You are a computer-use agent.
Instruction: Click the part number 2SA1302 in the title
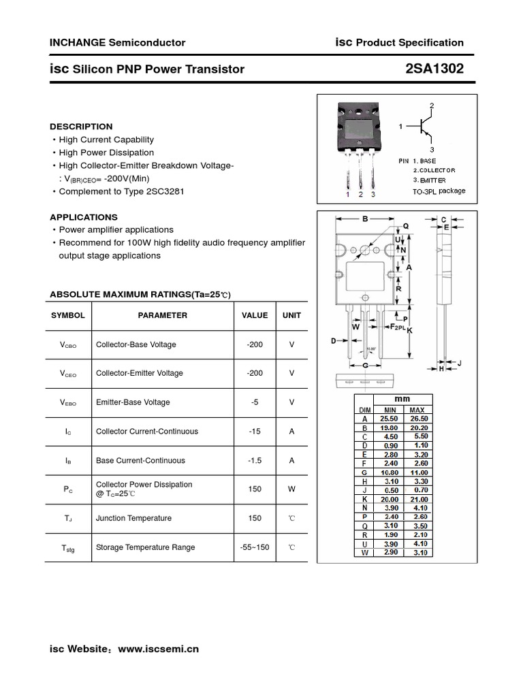pyautogui.click(x=434, y=69)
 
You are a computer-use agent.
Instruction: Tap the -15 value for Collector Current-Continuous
pyautogui.click(x=255, y=432)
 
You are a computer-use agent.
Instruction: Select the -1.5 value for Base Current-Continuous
pyautogui.click(x=255, y=461)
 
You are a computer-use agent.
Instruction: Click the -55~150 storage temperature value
pyautogui.click(x=255, y=547)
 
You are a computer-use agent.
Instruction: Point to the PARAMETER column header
pyautogui.click(x=162, y=316)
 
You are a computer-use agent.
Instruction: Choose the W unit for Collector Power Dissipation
pyautogui.click(x=291, y=489)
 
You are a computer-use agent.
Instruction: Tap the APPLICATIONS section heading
pyautogui.click(x=84, y=217)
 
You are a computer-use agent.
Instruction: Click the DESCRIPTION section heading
pyautogui.click(x=81, y=127)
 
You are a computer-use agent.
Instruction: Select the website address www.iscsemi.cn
pyautogui.click(x=159, y=649)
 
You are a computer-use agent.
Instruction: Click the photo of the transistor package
pyautogui.click(x=359, y=130)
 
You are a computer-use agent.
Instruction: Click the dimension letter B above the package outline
pyautogui.click(x=365, y=219)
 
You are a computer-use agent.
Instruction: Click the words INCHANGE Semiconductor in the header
pyautogui.click(x=117, y=42)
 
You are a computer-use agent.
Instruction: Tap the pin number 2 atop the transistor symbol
pyautogui.click(x=431, y=106)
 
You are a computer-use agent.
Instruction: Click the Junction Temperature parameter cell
pyautogui.click(x=133, y=519)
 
